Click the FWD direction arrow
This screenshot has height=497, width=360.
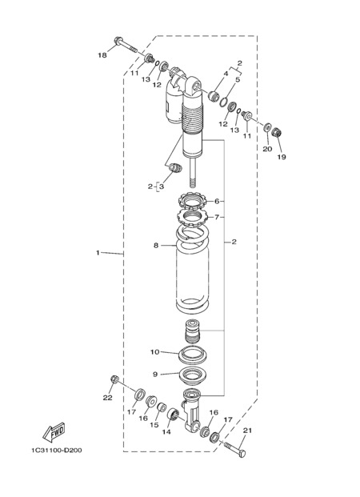coord(54,432)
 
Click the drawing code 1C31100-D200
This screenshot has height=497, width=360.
coord(57,450)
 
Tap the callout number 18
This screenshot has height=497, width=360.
coord(102,55)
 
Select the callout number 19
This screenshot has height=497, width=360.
coord(282,157)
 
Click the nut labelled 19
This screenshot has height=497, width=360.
coord(278,132)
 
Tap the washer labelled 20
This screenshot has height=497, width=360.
coord(267,127)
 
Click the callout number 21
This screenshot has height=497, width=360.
coord(247,430)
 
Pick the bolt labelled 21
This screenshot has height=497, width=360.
coord(235,449)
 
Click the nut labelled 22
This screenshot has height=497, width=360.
coord(114,379)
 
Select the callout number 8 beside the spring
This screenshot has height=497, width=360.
coord(155,246)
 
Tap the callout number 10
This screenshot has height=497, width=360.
coord(154,352)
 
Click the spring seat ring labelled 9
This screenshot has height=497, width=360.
coord(194,376)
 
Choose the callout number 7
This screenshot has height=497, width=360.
coord(217,217)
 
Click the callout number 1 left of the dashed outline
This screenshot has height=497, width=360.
coord(98,253)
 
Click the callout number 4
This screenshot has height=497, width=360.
coord(226,74)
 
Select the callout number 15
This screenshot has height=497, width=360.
coord(154,424)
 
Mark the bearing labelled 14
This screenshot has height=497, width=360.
coord(173,414)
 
